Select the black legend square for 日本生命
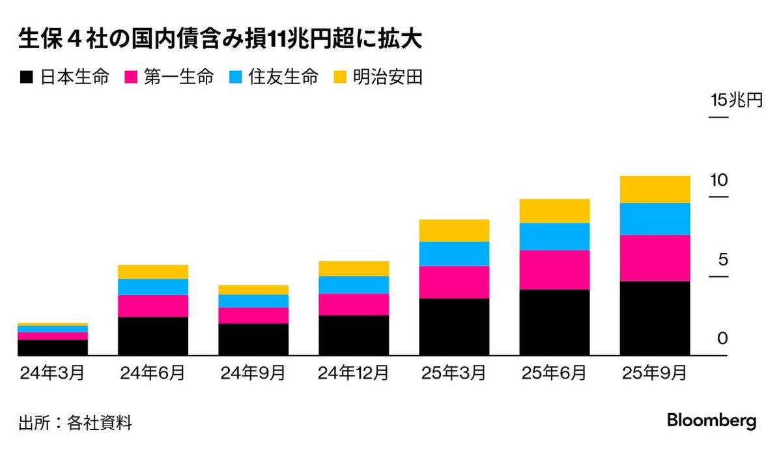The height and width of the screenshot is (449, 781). tap(25, 78)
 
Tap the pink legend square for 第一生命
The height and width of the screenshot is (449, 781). tap(130, 78)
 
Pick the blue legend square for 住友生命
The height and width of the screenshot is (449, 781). tap(234, 78)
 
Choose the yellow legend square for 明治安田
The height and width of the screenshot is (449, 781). tap(339, 78)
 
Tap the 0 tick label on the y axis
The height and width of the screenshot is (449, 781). tap(722, 339)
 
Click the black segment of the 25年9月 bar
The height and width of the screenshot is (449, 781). tap(655, 318)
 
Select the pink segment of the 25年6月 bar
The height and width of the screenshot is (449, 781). tap(554, 270)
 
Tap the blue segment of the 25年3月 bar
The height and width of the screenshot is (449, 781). tap(454, 253)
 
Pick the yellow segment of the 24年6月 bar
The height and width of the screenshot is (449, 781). tap(153, 272)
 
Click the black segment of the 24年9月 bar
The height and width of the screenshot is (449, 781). tap(253, 340)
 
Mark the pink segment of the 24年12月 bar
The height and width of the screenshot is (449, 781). tap(354, 304)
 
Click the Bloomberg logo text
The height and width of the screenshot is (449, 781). tap(711, 420)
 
